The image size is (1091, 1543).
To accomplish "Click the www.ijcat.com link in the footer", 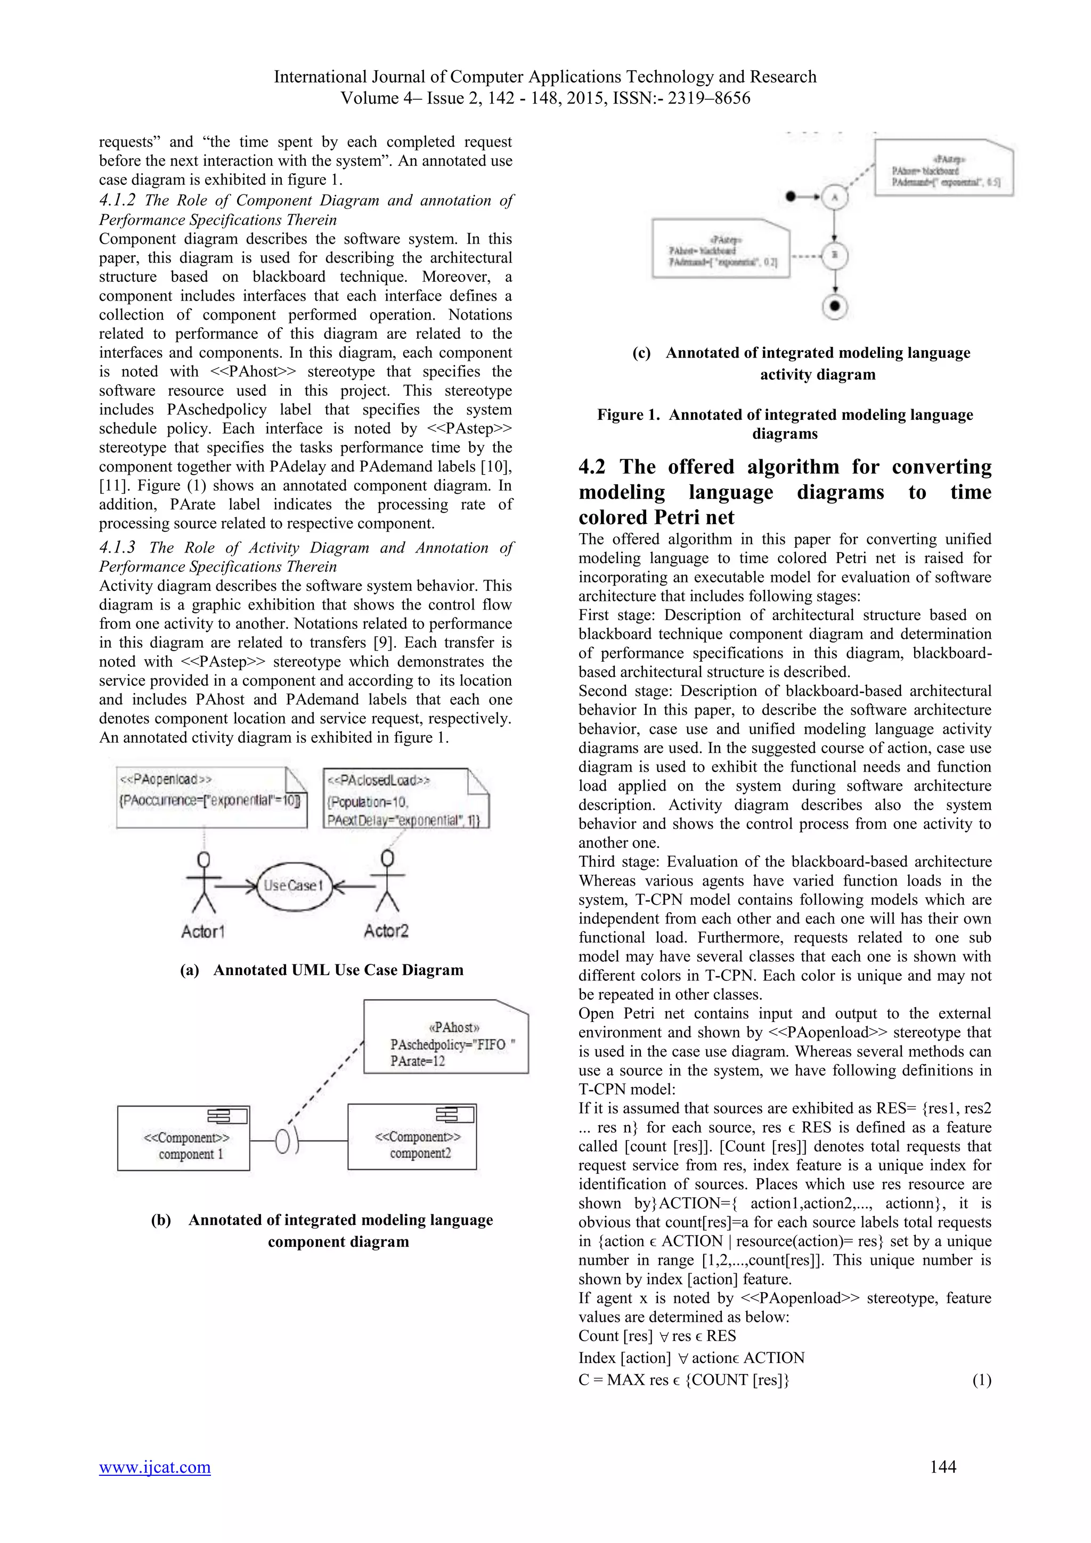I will click(154, 1466).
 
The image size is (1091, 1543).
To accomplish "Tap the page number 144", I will click(942, 1466).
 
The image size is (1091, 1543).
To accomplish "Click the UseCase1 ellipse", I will click(294, 886).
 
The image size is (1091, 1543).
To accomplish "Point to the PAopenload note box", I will click(211, 797).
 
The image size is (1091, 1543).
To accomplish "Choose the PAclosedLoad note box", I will click(406, 798).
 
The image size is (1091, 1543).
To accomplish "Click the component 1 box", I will click(183, 1139).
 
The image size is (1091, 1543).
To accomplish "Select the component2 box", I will click(412, 1137).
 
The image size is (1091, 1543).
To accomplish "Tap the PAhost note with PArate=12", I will click(446, 1036).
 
